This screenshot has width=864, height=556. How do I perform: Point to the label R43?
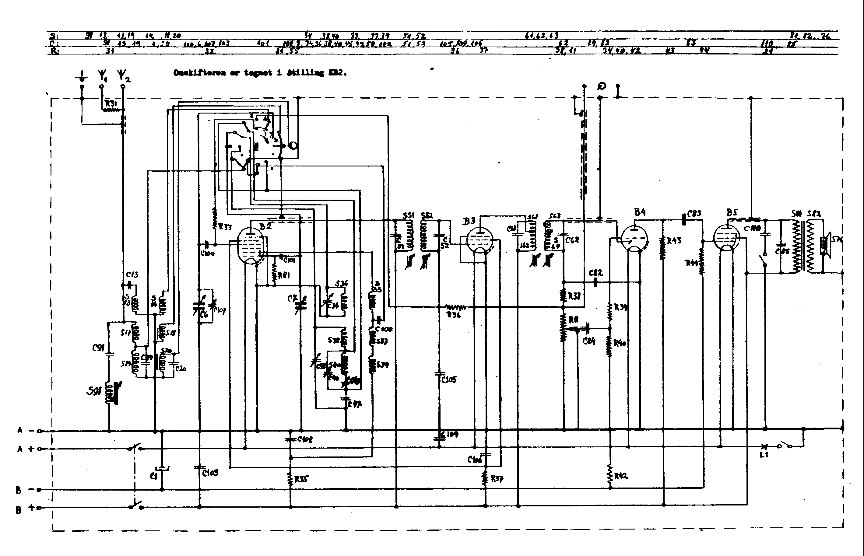click(674, 241)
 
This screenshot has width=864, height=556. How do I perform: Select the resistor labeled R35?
click(290, 479)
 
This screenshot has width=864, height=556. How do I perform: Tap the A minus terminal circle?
click(39, 431)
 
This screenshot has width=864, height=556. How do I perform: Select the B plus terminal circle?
click(39, 508)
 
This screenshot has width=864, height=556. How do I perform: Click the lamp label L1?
click(763, 455)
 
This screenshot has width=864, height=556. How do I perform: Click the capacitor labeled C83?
click(683, 219)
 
